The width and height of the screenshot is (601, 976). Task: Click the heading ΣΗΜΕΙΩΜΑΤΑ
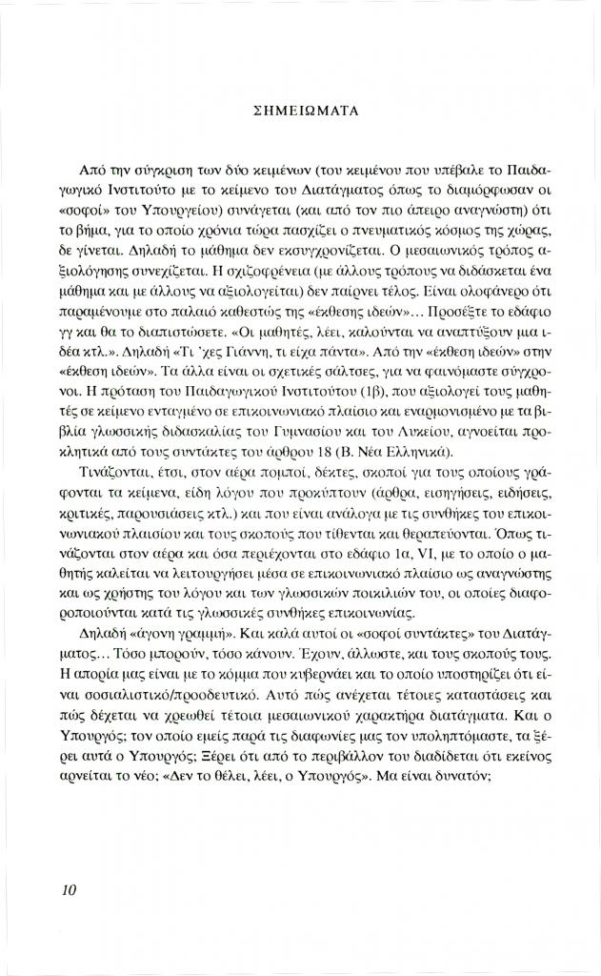300,111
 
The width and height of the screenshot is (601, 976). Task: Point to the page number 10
67,889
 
